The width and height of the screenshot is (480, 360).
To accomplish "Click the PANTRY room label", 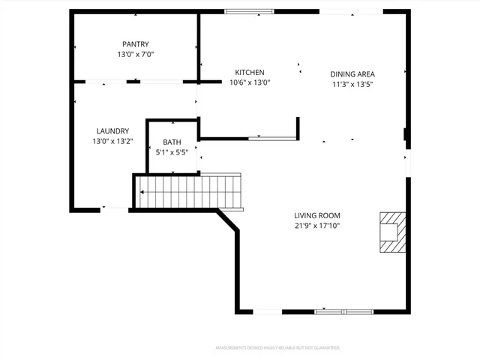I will point(136,44).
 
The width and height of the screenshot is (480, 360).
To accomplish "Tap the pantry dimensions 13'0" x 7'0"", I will point(136,55).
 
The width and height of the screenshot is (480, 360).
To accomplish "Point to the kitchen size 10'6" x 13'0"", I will point(250,82).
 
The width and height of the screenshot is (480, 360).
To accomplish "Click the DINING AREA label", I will point(352,74).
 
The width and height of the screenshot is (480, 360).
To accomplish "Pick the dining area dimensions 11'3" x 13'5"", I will point(352,84).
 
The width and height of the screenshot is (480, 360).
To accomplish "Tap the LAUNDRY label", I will point(112,130).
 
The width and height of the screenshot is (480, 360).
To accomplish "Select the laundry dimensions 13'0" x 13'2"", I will point(112,141).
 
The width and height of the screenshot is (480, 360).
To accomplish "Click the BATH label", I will point(172,142).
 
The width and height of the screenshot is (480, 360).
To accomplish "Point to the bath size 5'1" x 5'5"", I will point(172,152).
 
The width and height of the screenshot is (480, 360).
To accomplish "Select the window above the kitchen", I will point(250,11).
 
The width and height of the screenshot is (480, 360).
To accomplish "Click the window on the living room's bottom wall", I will point(343,311).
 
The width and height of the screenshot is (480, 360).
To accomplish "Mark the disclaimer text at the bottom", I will point(277,348).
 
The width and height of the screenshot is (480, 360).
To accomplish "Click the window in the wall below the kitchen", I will point(272,138).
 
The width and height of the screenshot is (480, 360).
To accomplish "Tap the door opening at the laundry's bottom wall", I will point(115,208).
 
